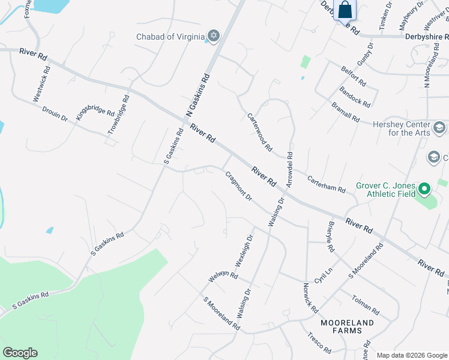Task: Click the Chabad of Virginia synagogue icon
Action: [x=212, y=37]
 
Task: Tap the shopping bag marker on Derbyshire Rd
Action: [x=345, y=11]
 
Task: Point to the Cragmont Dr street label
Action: [x=238, y=186]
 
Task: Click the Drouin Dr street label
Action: [x=55, y=114]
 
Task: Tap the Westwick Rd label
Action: [x=41, y=83]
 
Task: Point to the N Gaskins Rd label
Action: [x=198, y=94]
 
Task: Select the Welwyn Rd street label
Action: [x=223, y=277]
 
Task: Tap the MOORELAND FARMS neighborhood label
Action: [x=347, y=326]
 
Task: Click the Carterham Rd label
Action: [x=327, y=184]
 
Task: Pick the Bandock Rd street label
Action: [x=354, y=97]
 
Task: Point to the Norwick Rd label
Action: [x=310, y=298]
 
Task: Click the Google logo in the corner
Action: [x=20, y=353]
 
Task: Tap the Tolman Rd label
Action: [x=366, y=302]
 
